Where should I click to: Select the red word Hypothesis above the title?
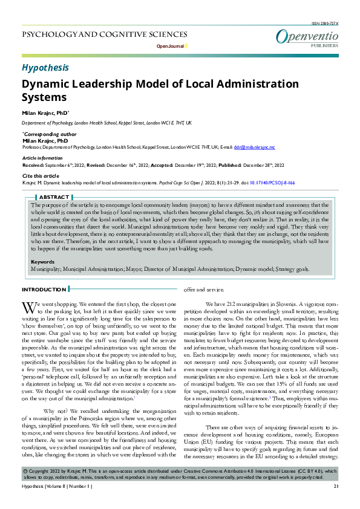(x=45, y=67)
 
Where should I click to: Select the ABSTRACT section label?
(x=54, y=197)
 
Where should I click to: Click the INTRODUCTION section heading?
(x=44, y=290)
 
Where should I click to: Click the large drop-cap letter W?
(x=28, y=308)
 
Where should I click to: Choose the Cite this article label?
(x=42, y=175)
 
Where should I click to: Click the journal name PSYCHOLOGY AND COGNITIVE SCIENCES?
(x=105, y=34)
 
